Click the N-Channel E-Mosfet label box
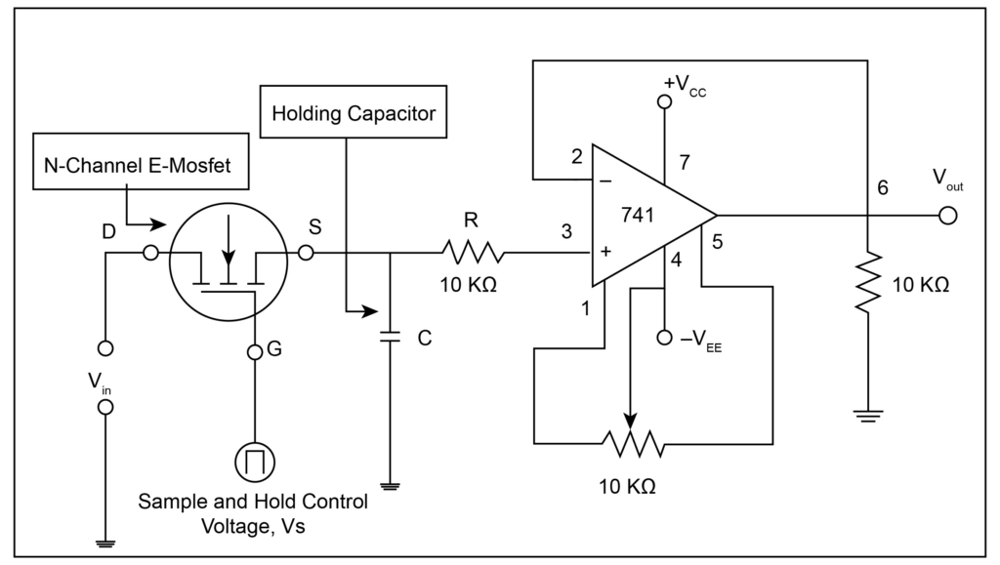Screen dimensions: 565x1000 138,165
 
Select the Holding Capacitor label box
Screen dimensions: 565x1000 354,113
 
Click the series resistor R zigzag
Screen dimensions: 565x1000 472,254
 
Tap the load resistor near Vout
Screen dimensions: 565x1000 867,282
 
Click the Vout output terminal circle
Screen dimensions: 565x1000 945,216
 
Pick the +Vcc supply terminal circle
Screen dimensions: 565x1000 665,101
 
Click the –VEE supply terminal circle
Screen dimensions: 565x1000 665,338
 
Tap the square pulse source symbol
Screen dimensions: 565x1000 255,460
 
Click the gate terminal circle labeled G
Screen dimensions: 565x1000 254,351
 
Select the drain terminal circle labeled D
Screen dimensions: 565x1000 150,254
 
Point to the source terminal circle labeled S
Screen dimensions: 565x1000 306,254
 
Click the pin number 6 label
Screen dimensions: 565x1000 883,189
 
